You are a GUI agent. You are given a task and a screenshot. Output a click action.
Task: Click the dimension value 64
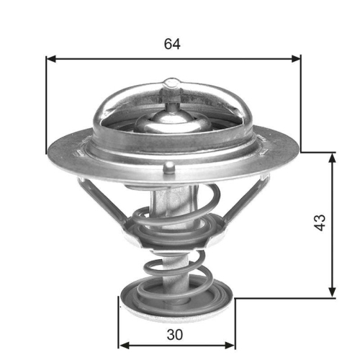coord(171,43)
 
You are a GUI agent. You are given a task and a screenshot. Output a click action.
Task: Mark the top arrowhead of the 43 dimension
coord(332,157)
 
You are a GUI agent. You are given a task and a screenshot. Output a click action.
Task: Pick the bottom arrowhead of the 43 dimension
coord(332,291)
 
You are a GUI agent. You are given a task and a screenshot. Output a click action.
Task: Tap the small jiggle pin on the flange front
coord(168,168)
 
